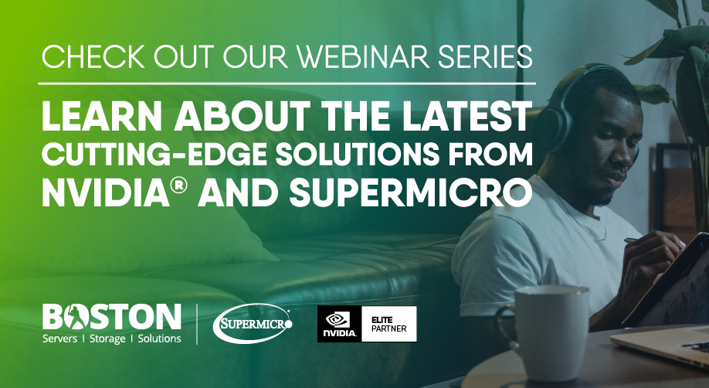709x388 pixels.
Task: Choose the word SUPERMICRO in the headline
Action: click(411, 193)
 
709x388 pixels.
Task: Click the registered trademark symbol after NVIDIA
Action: click(179, 185)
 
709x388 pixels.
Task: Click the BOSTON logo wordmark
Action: click(112, 316)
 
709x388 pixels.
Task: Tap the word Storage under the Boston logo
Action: click(107, 339)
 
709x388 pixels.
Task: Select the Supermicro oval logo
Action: click(253, 323)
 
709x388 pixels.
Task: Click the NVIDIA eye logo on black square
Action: click(339, 324)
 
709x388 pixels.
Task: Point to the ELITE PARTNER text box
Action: click(388, 324)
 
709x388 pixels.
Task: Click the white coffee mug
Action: click(543, 332)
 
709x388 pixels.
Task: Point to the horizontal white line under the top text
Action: click(287, 83)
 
